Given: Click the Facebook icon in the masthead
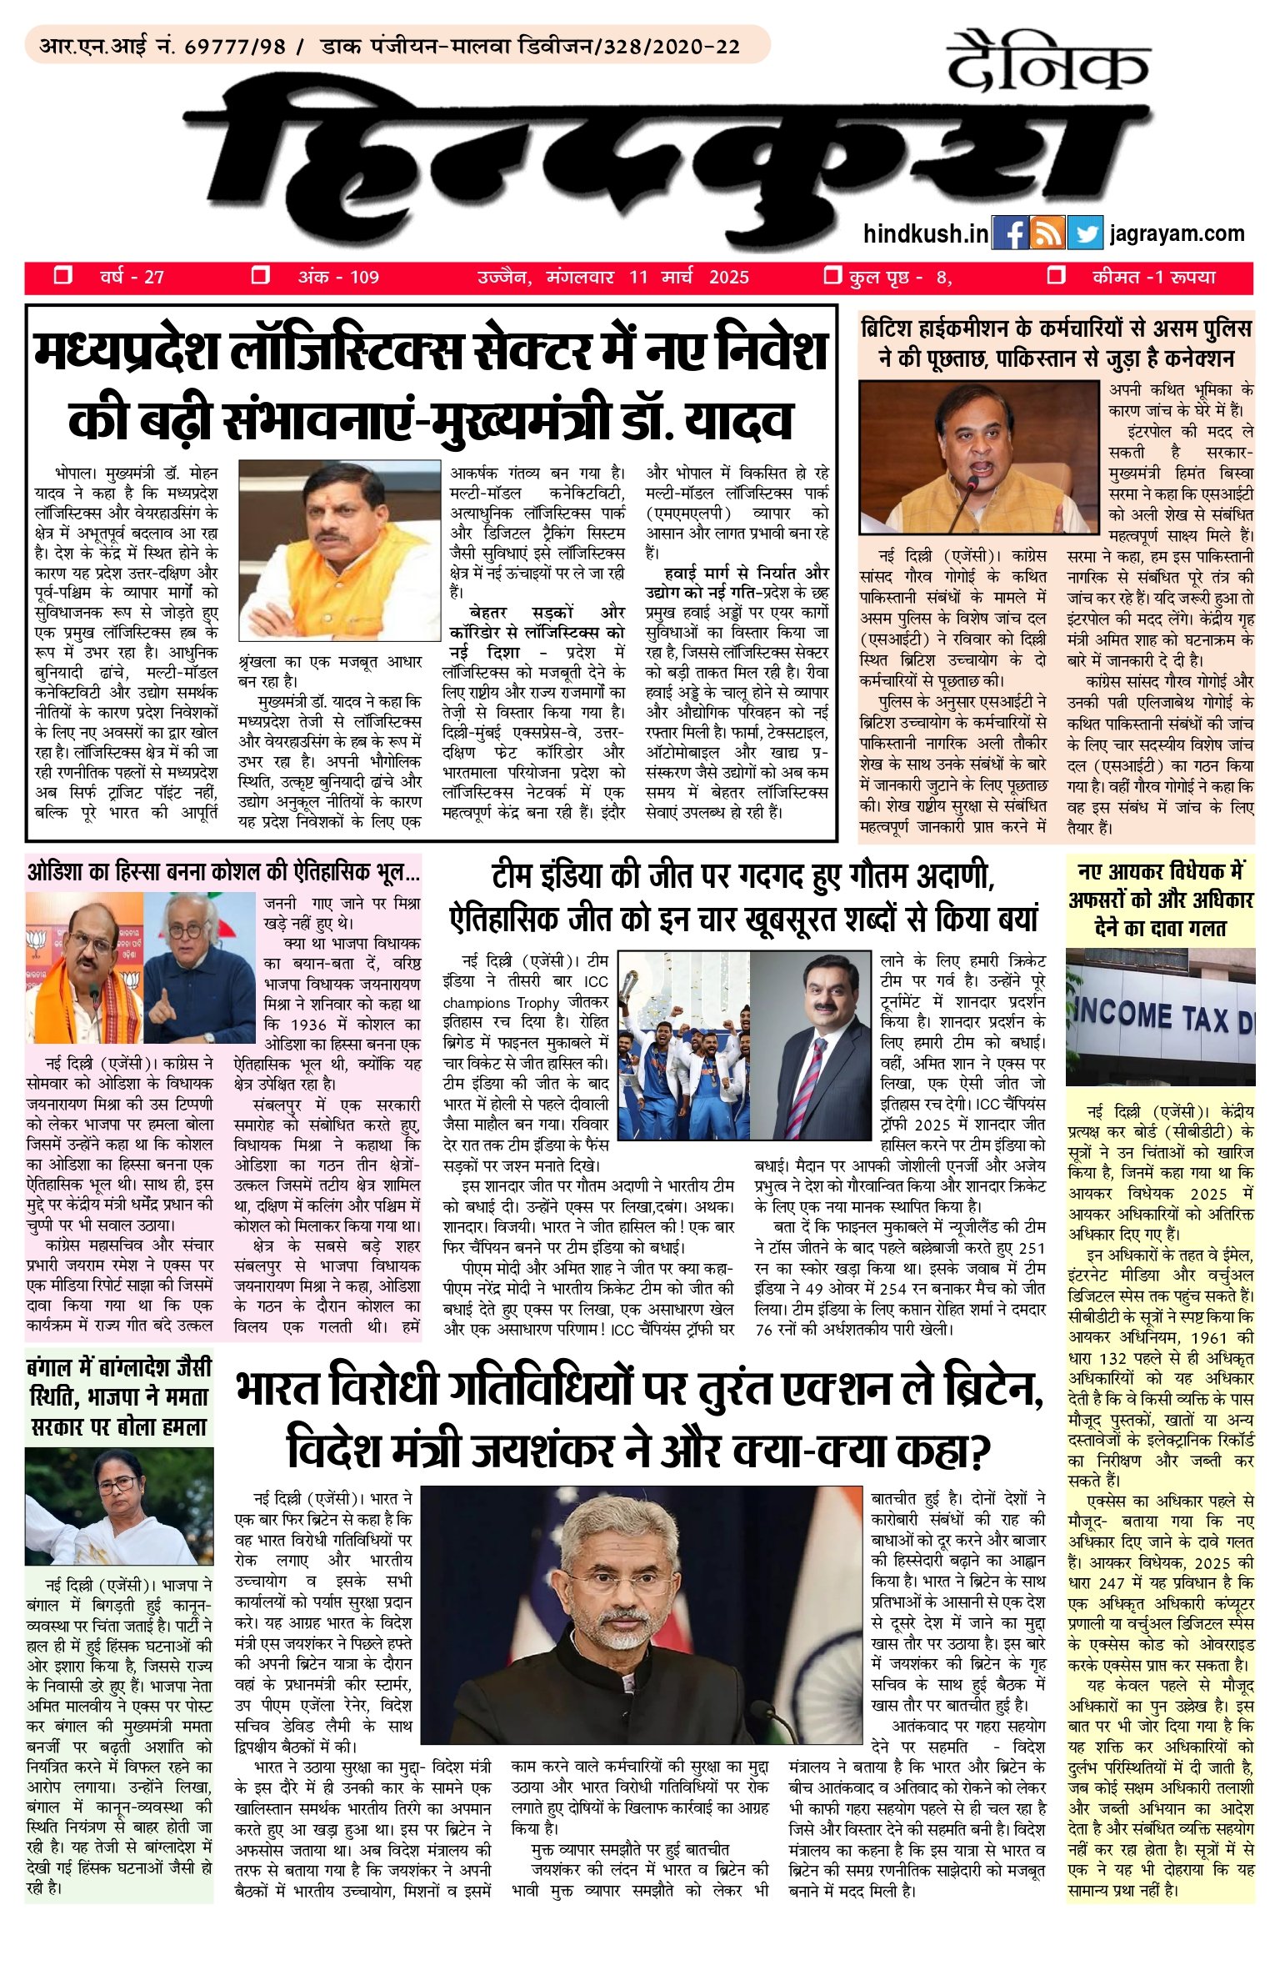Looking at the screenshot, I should (1010, 233).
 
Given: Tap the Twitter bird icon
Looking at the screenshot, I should (1084, 233).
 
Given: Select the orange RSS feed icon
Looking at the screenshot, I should (1047, 233).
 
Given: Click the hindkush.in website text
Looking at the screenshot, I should (925, 233).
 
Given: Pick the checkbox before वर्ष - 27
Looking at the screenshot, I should (62, 276).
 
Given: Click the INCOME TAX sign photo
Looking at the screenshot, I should (1160, 1016).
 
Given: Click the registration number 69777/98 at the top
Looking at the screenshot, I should (234, 47).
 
